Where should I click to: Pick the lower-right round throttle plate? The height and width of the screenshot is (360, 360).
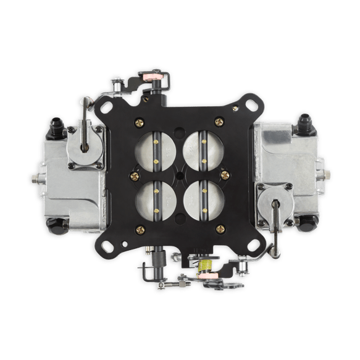coord(204,201)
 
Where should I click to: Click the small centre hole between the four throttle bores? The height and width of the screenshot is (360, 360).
coord(180,175)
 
